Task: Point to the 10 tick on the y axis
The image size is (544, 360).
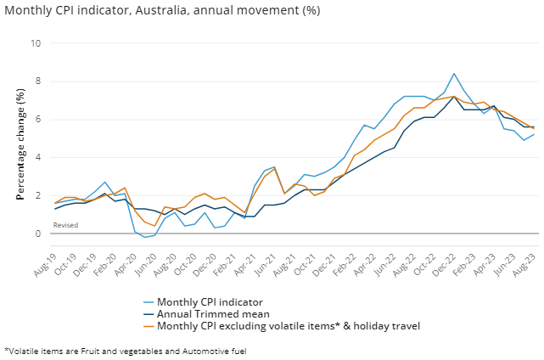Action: tap(36, 43)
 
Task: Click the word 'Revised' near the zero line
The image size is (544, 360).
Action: tap(65, 225)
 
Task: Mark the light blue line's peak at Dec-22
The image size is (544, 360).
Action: tap(454, 74)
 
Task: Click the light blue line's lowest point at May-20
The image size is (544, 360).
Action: tap(144, 237)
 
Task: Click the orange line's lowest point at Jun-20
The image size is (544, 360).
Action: tap(154, 226)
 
